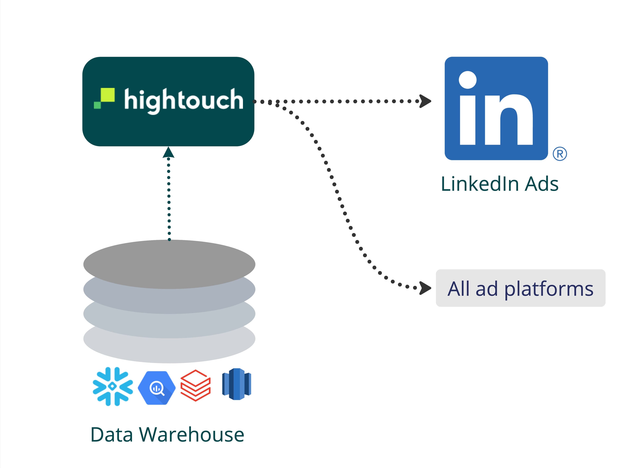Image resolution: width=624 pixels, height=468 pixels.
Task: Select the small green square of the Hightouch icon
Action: point(97,105)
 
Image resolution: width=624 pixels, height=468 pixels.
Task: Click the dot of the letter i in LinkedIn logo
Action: point(468,80)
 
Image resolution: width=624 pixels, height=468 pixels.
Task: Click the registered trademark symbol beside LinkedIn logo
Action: point(560,154)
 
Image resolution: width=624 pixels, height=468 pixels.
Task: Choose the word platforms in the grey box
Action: point(549,289)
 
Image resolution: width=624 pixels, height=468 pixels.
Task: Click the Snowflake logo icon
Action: point(113,386)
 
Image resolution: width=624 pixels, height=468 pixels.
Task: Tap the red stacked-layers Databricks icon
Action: point(195,385)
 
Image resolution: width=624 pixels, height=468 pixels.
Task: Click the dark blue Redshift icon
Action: point(236,384)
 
